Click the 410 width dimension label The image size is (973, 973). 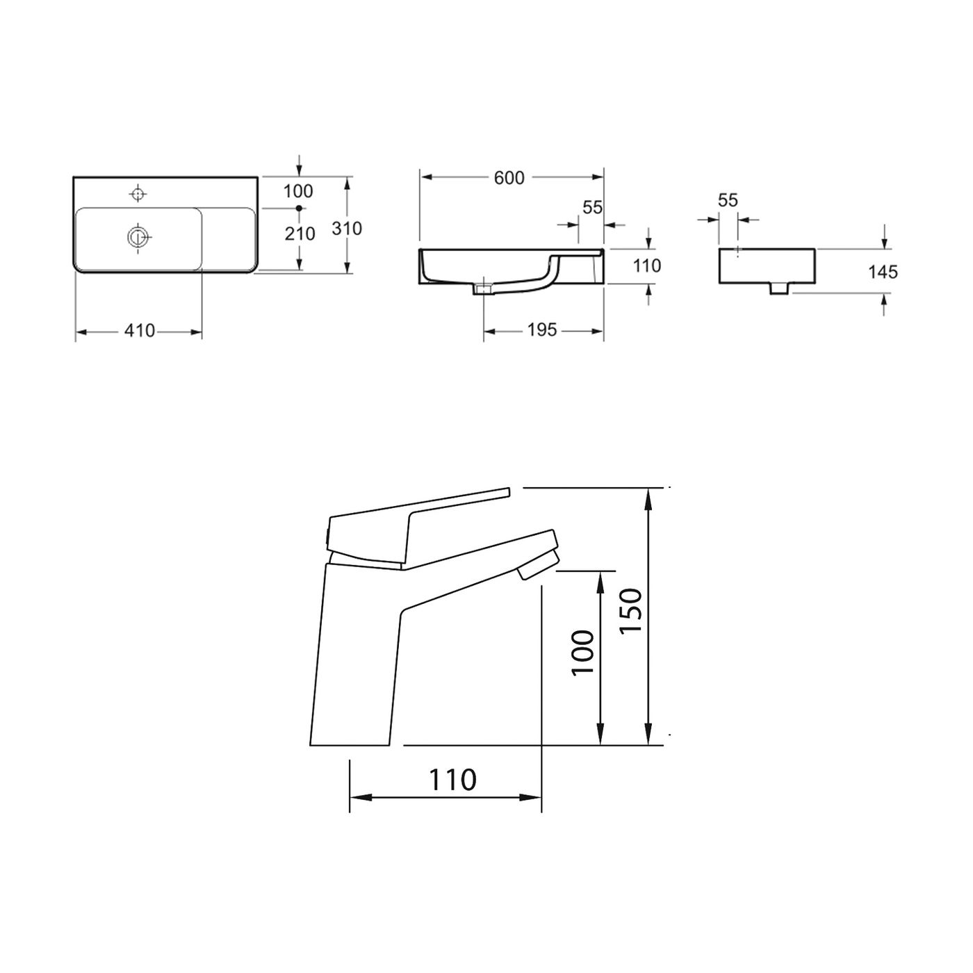click(x=140, y=332)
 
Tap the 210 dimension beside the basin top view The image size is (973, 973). click(x=300, y=234)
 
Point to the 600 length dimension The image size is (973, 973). click(x=509, y=178)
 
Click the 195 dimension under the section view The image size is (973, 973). click(x=541, y=330)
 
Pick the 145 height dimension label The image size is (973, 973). click(x=883, y=271)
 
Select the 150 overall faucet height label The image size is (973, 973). click(x=630, y=610)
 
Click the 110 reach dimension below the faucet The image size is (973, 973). click(x=452, y=779)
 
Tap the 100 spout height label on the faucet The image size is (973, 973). click(x=582, y=651)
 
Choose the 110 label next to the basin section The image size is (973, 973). click(x=647, y=265)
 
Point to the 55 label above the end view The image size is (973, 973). click(x=727, y=200)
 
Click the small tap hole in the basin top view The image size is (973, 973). click(x=138, y=193)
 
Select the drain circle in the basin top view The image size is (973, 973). click(x=138, y=237)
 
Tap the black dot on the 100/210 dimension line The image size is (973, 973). click(x=300, y=208)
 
